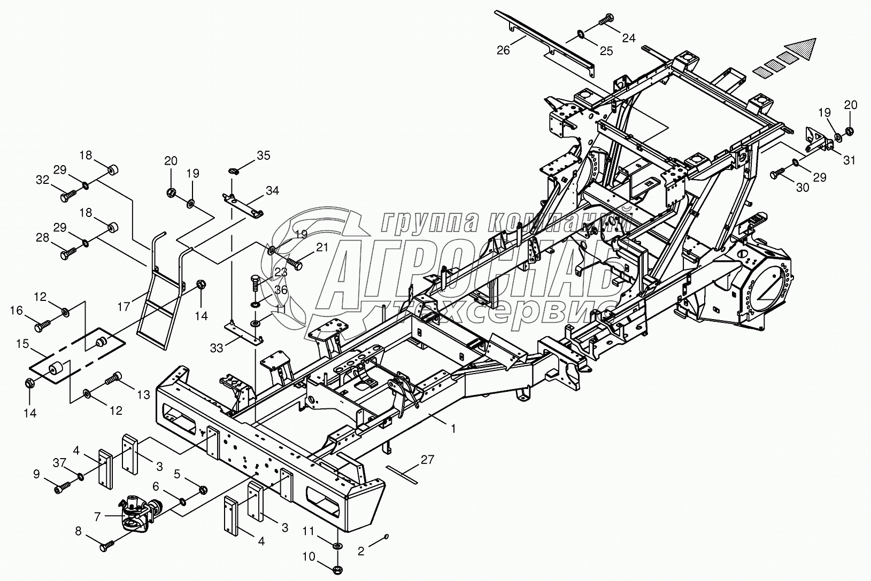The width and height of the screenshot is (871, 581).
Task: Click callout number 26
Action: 503,50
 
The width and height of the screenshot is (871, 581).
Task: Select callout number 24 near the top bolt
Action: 628,38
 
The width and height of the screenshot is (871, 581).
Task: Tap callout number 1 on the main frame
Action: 453,428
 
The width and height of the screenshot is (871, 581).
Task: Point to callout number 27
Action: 427,459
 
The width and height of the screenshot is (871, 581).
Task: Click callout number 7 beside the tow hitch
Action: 97,517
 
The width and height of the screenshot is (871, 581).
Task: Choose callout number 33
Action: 217,347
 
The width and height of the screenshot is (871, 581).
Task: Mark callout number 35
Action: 263,156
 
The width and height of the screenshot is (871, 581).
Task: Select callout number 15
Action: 22,344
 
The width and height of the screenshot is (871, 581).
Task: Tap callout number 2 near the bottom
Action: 361,551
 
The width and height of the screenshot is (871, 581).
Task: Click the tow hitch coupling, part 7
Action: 136,513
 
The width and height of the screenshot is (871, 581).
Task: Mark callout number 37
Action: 59,461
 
